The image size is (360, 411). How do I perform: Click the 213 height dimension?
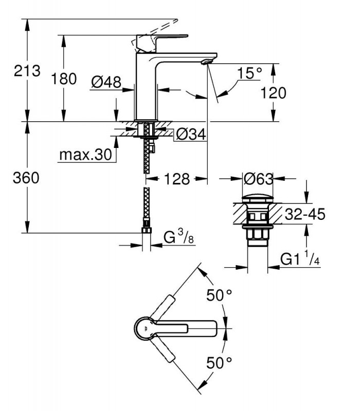point(27,71)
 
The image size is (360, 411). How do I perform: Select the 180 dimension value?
point(64,79)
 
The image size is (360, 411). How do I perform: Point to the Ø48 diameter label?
point(106,82)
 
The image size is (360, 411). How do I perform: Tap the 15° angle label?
point(249,73)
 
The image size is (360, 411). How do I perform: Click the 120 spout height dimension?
point(273,93)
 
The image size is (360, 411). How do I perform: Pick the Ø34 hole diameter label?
point(191,135)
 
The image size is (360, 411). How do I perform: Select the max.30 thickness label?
point(86,155)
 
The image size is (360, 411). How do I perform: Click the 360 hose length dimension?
point(26,177)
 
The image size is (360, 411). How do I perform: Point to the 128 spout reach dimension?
point(177,179)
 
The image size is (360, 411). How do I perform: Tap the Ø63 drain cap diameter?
point(259,179)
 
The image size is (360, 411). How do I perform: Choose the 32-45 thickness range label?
point(305,214)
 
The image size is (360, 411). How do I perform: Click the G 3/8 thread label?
point(178,236)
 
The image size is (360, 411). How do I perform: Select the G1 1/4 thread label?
point(300,258)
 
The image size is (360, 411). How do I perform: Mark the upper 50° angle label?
point(220,295)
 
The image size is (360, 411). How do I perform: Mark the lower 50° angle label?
point(220,363)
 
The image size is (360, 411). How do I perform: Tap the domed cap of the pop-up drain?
point(258,198)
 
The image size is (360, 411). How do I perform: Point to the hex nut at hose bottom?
point(147,230)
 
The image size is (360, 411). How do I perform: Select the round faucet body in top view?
point(145,328)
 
